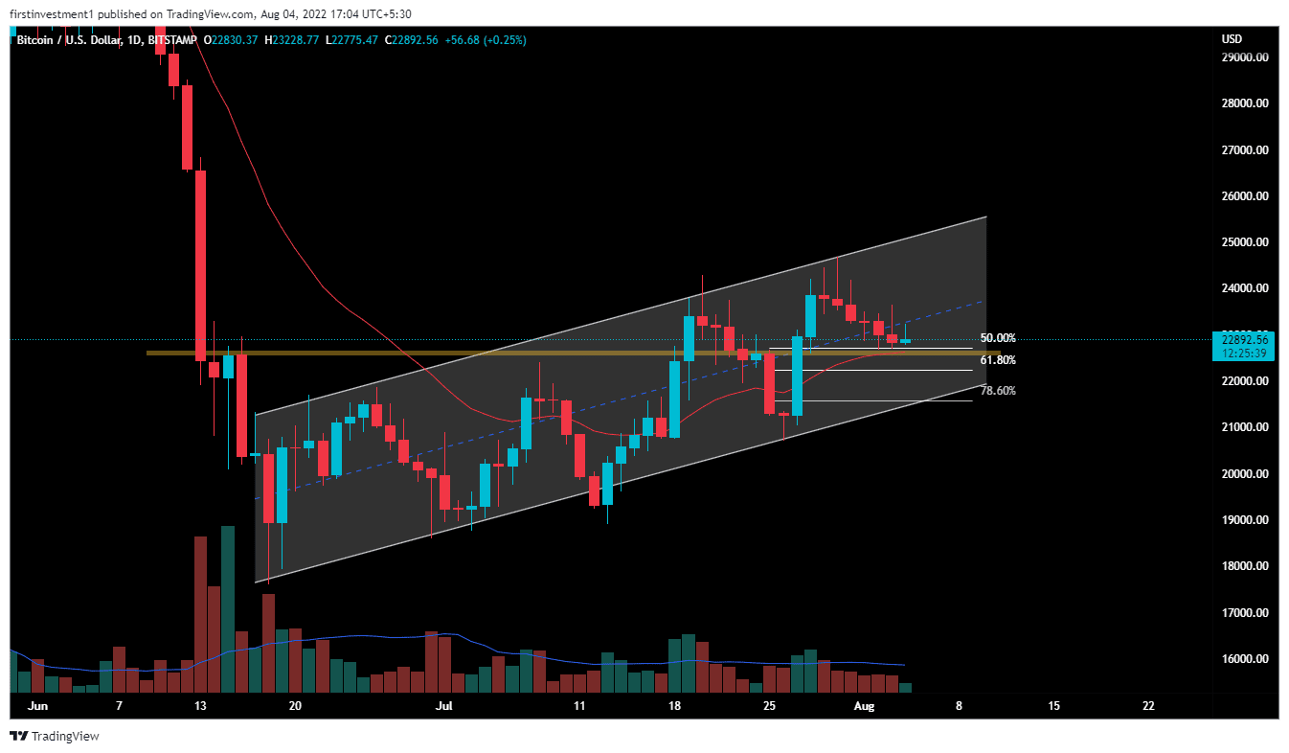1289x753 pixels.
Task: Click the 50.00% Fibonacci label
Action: pos(998,338)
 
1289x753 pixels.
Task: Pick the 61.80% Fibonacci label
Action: pos(998,360)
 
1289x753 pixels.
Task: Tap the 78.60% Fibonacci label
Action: pos(998,391)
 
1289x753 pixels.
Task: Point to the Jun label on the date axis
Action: pos(38,706)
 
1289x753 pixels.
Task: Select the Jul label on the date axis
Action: pos(443,706)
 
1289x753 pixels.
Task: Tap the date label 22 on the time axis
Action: pos(1148,706)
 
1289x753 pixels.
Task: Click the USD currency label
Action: pos(1232,39)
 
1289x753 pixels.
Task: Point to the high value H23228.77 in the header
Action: pos(295,39)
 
